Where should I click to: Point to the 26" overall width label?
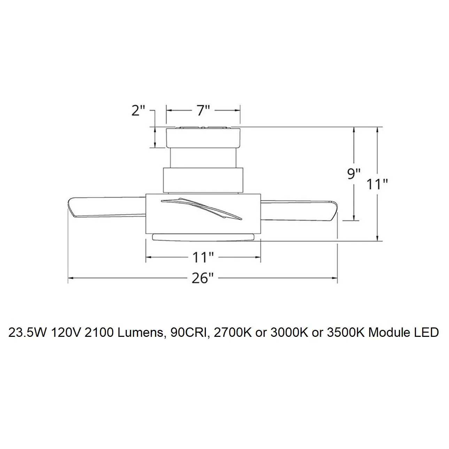pos(203,278)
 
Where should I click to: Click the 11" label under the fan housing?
pos(203,257)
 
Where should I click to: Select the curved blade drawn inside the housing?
pos(202,209)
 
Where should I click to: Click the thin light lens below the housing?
pos(203,238)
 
